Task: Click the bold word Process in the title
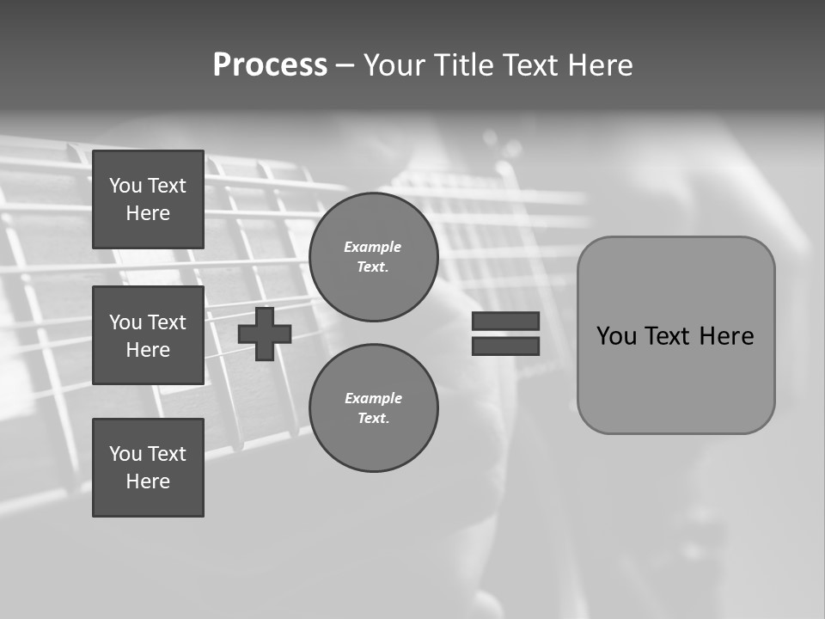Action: pyautogui.click(x=270, y=65)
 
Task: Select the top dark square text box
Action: pyautogui.click(x=148, y=199)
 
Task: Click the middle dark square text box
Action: pyautogui.click(x=148, y=335)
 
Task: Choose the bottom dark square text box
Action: pyautogui.click(x=148, y=467)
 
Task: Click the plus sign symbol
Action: pyautogui.click(x=265, y=334)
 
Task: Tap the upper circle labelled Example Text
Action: pyautogui.click(x=373, y=257)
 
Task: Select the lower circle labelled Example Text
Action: pyautogui.click(x=373, y=408)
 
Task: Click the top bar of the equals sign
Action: pyautogui.click(x=505, y=321)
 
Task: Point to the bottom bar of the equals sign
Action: pyautogui.click(x=505, y=346)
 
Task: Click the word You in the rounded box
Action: pyautogui.click(x=616, y=336)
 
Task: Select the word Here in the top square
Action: pyautogui.click(x=148, y=213)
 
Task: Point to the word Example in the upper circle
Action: pyautogui.click(x=373, y=247)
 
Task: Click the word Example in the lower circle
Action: pyautogui.click(x=373, y=398)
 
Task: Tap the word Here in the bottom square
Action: pyautogui.click(x=148, y=481)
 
